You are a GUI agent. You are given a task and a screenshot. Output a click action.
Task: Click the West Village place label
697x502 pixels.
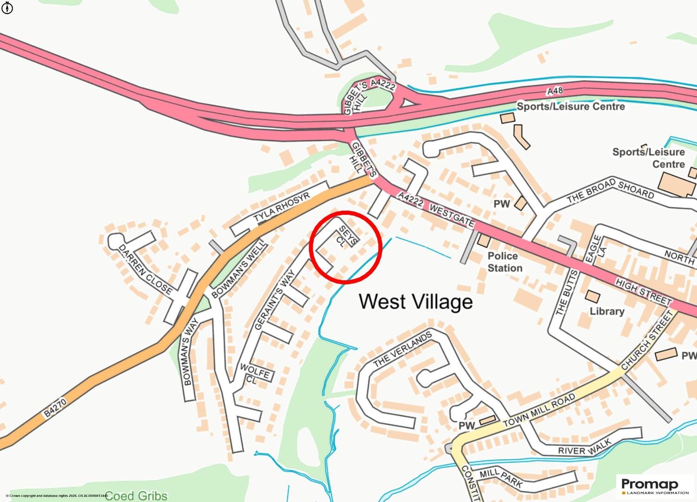click(415, 302)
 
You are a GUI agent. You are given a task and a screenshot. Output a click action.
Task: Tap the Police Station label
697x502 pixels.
click(504, 262)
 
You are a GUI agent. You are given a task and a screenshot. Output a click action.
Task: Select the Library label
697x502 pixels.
click(606, 311)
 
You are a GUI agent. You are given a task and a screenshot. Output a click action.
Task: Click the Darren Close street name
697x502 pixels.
click(145, 270)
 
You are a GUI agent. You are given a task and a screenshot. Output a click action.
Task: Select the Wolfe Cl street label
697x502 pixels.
click(254, 374)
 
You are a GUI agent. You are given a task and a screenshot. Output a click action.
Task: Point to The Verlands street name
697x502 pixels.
click(402, 350)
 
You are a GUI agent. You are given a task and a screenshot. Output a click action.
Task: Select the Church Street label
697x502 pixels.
click(647, 341)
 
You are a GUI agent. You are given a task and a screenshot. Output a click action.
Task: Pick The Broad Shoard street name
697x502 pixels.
click(610, 191)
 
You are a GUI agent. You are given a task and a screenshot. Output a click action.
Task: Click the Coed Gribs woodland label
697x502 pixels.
click(136, 495)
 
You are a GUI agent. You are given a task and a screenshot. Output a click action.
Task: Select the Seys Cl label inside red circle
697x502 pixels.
click(344, 236)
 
